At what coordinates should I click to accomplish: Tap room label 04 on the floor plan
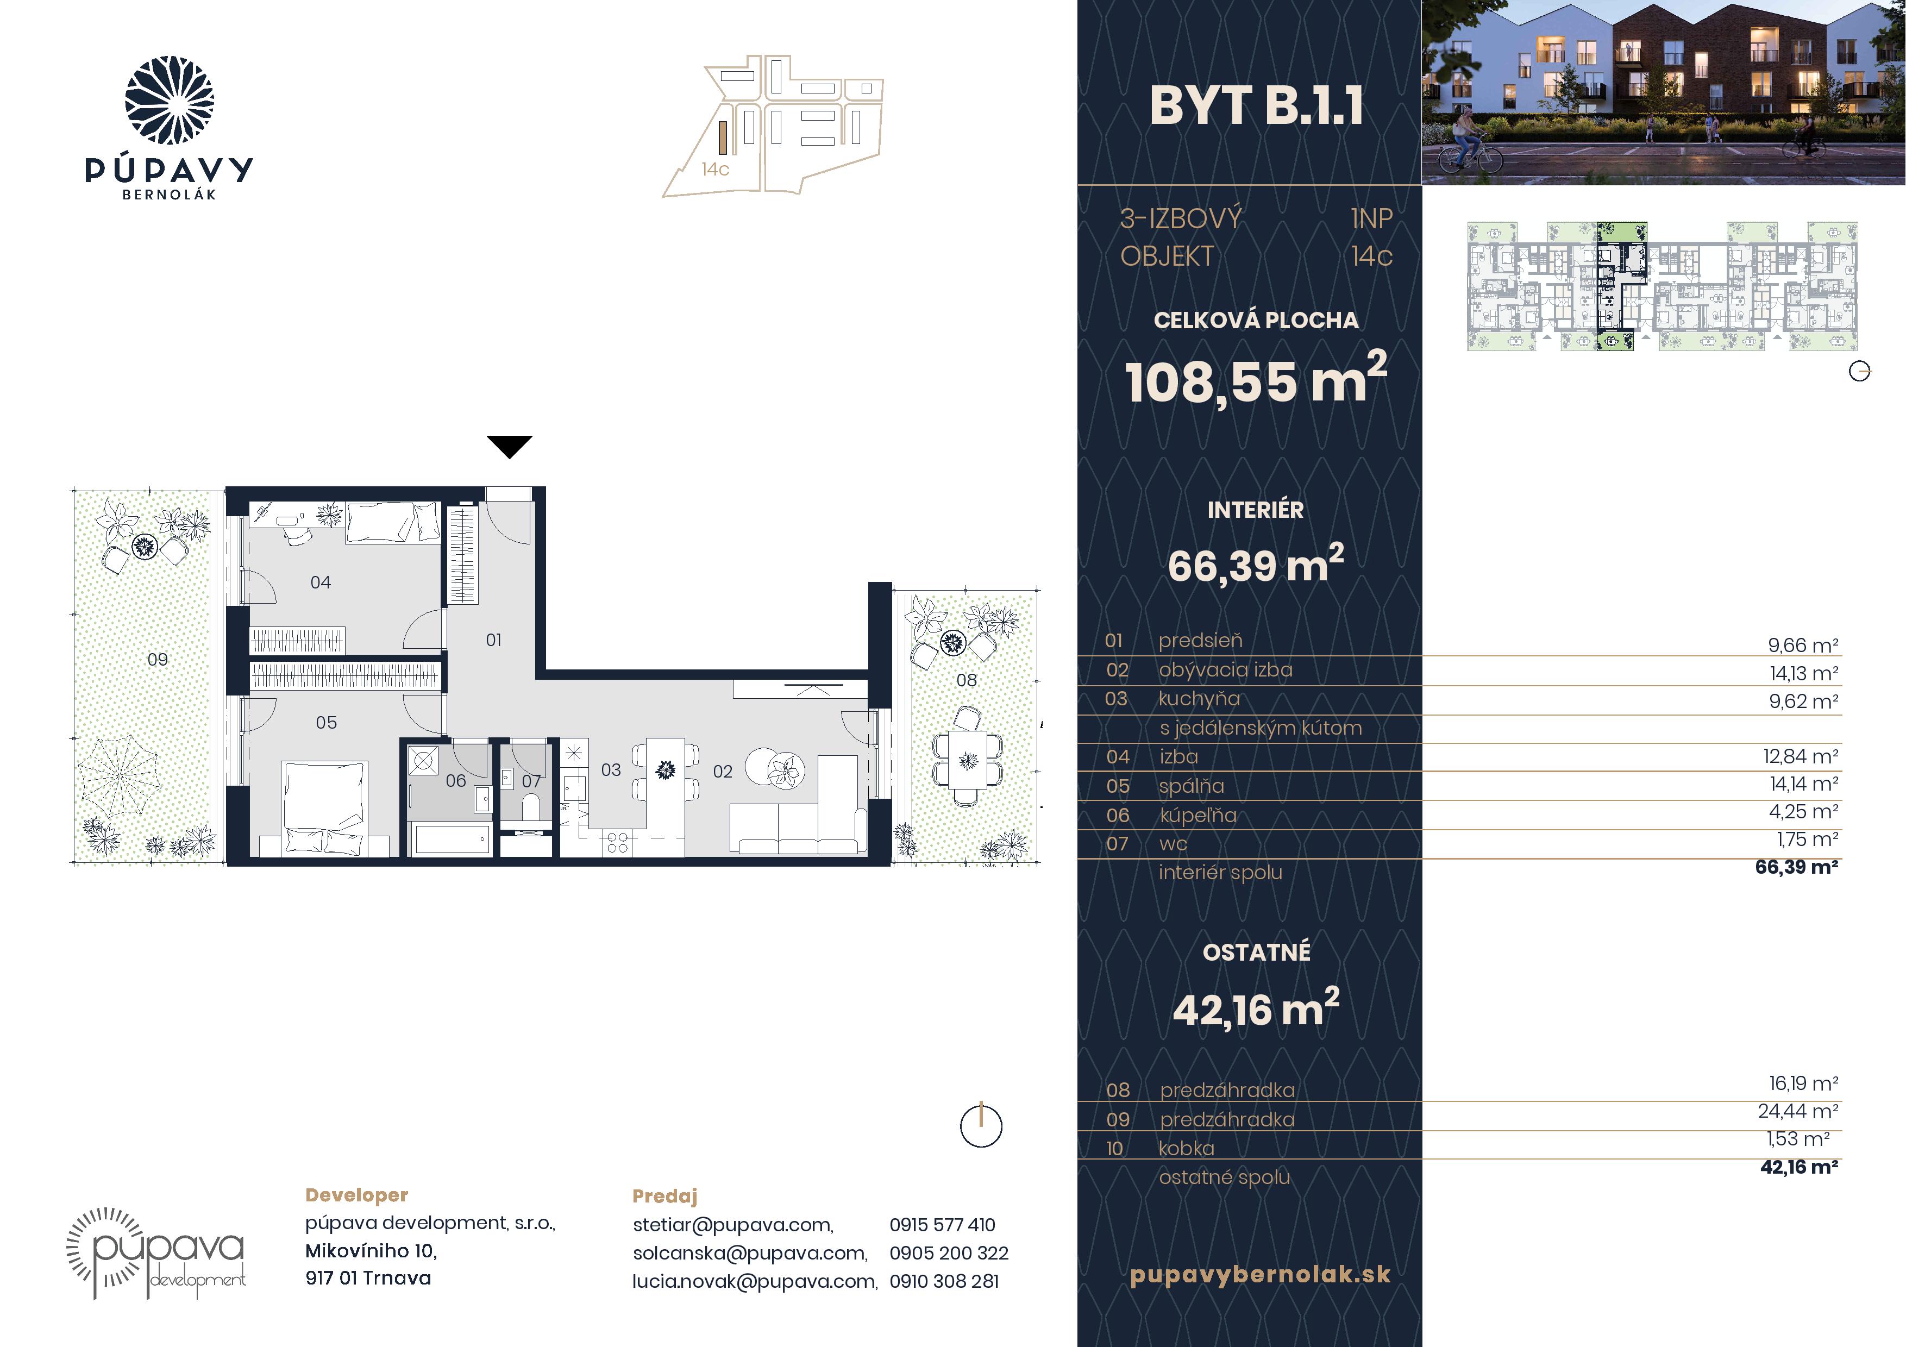pyautogui.click(x=321, y=582)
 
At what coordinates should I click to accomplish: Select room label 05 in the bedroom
pyautogui.click(x=326, y=723)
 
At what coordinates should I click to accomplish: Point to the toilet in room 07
pyautogui.click(x=531, y=807)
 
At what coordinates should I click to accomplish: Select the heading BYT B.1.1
pyautogui.click(x=1256, y=106)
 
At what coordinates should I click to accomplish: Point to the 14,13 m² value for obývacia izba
pyautogui.click(x=1803, y=673)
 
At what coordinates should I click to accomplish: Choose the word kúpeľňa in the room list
pyautogui.click(x=1198, y=816)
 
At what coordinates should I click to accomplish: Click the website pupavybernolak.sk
pyautogui.click(x=1260, y=1275)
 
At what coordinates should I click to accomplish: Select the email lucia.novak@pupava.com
pyautogui.click(x=755, y=1281)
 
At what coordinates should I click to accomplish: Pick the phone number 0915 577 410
pyautogui.click(x=942, y=1225)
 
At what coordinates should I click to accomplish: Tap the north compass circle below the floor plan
pyautogui.click(x=981, y=1126)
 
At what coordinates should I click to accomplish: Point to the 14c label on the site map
pyautogui.click(x=715, y=170)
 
